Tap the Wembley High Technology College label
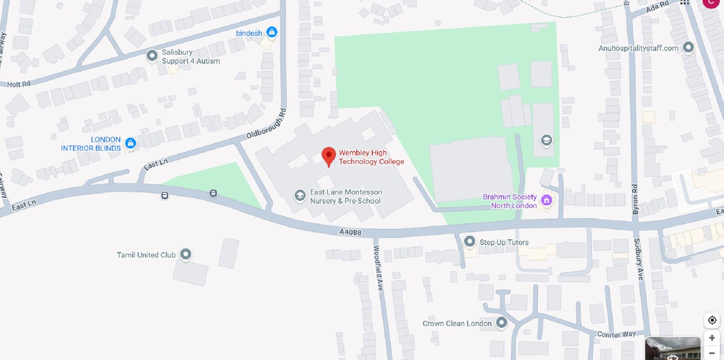point(371,157)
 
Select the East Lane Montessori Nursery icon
point(300,196)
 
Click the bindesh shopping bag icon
point(271,32)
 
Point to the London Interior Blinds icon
point(130,143)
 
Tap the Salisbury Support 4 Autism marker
point(152,56)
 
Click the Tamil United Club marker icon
point(186,254)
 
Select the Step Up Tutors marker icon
point(469,241)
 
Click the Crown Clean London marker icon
point(501,323)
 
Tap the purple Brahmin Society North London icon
point(546,200)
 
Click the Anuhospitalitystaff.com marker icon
point(688,47)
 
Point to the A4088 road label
point(350,232)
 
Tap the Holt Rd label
point(19,84)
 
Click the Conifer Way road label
point(616,334)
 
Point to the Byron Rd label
point(635,199)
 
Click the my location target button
point(712,320)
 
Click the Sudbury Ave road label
point(638,259)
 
